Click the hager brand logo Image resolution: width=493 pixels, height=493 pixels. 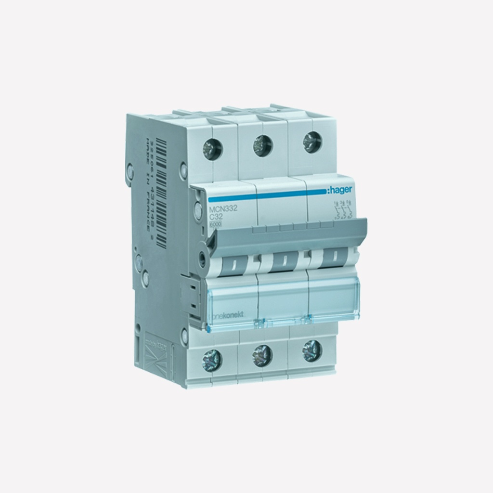tap(340, 191)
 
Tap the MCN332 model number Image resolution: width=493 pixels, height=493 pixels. tap(220, 208)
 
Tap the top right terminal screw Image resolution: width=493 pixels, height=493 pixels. tap(312, 143)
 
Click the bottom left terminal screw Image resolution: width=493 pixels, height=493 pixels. tap(212, 359)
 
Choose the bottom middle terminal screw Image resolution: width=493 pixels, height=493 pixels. tap(263, 355)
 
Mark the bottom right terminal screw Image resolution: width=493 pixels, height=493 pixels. tap(312, 351)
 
